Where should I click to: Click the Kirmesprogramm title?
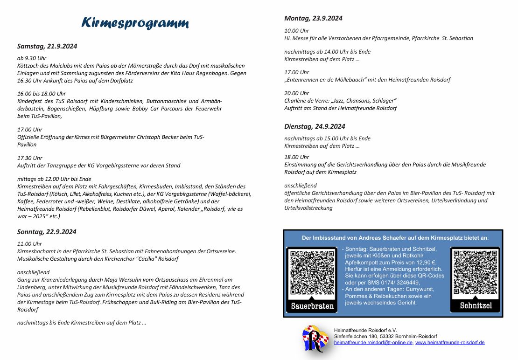135,23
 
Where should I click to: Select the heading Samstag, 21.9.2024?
47,46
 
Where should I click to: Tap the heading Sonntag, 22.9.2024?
47,232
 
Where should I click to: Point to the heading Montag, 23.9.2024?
313,18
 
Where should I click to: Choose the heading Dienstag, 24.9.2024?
315,126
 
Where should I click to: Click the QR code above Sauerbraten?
311,273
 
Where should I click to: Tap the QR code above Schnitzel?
475,273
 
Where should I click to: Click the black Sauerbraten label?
312,306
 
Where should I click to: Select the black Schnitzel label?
476,306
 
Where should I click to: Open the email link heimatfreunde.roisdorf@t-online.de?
373,342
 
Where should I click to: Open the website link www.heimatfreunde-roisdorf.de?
450,342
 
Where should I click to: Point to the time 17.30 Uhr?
30,158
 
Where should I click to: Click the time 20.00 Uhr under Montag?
297,93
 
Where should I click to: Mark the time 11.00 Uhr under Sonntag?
30,243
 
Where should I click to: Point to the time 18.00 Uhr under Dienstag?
297,157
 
